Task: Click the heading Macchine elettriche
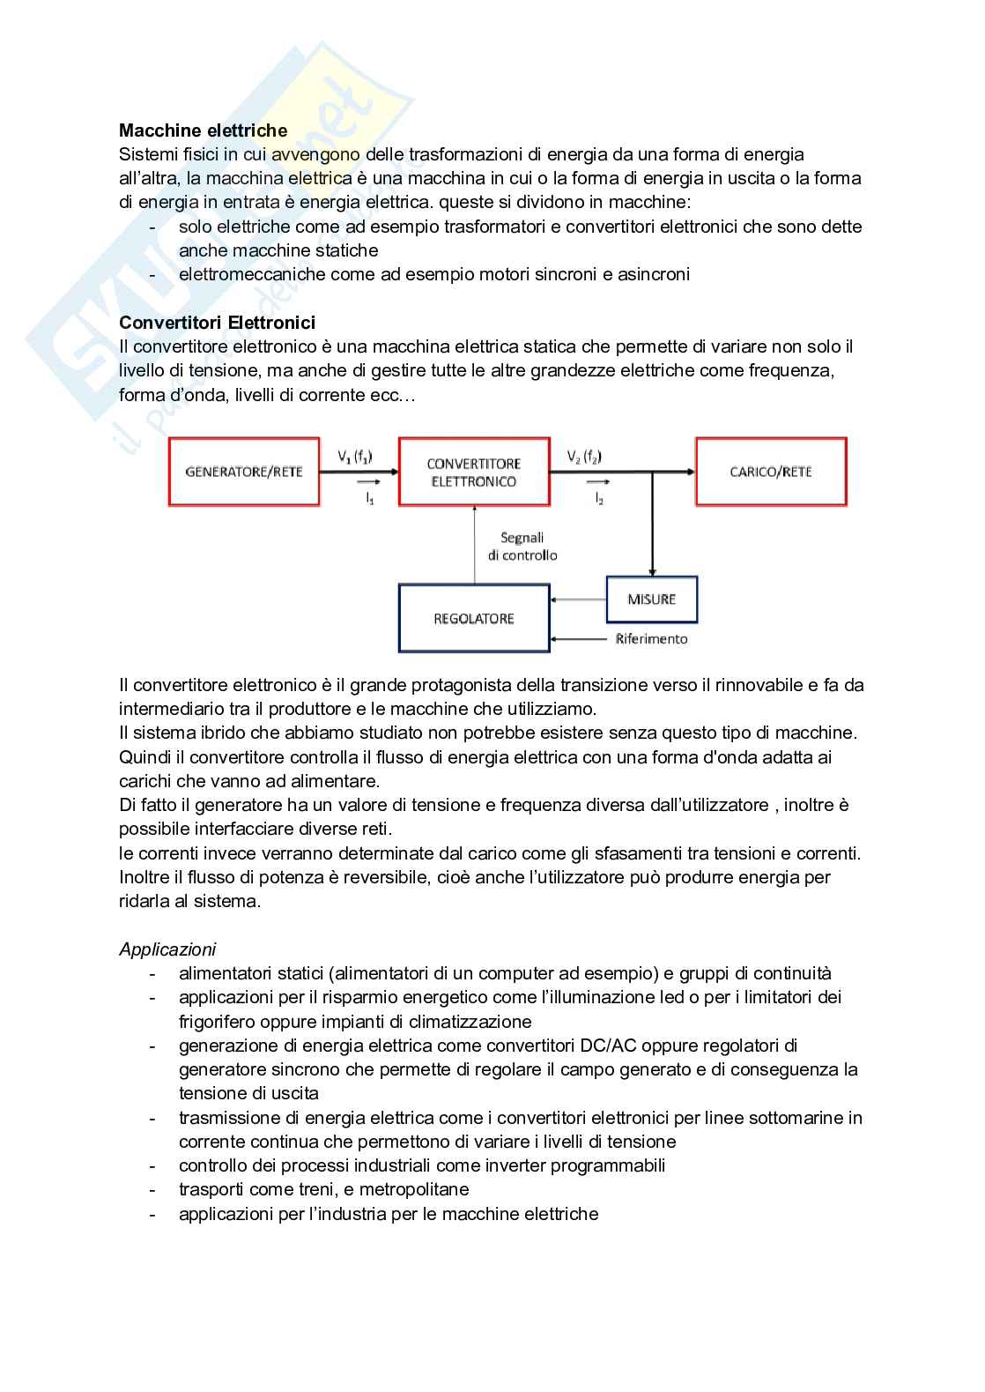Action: click(203, 130)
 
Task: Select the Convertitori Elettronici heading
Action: click(217, 323)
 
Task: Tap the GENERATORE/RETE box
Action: click(244, 472)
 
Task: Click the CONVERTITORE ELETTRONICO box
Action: click(474, 473)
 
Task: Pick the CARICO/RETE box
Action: click(771, 472)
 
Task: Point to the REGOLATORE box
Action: click(474, 619)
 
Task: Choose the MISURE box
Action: click(652, 599)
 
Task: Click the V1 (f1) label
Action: click(355, 457)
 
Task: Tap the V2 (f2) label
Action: click(584, 457)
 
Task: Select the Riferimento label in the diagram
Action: click(651, 639)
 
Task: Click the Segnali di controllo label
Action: click(522, 547)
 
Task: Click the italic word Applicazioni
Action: click(167, 949)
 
